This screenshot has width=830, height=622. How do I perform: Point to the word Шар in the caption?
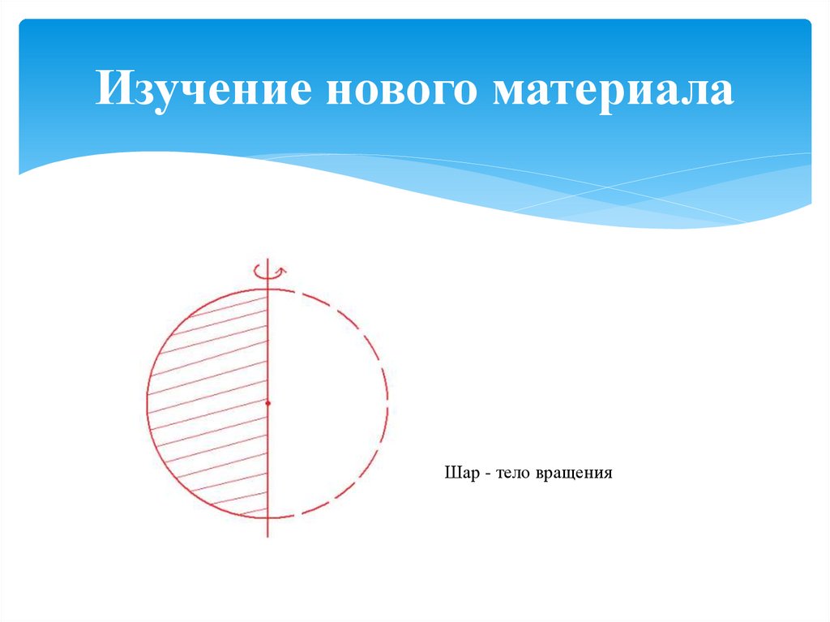click(x=458, y=472)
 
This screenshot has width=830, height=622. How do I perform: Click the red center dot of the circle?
click(x=267, y=402)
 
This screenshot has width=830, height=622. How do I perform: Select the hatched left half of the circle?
click(x=211, y=405)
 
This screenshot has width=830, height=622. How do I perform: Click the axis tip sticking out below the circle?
click(x=267, y=529)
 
